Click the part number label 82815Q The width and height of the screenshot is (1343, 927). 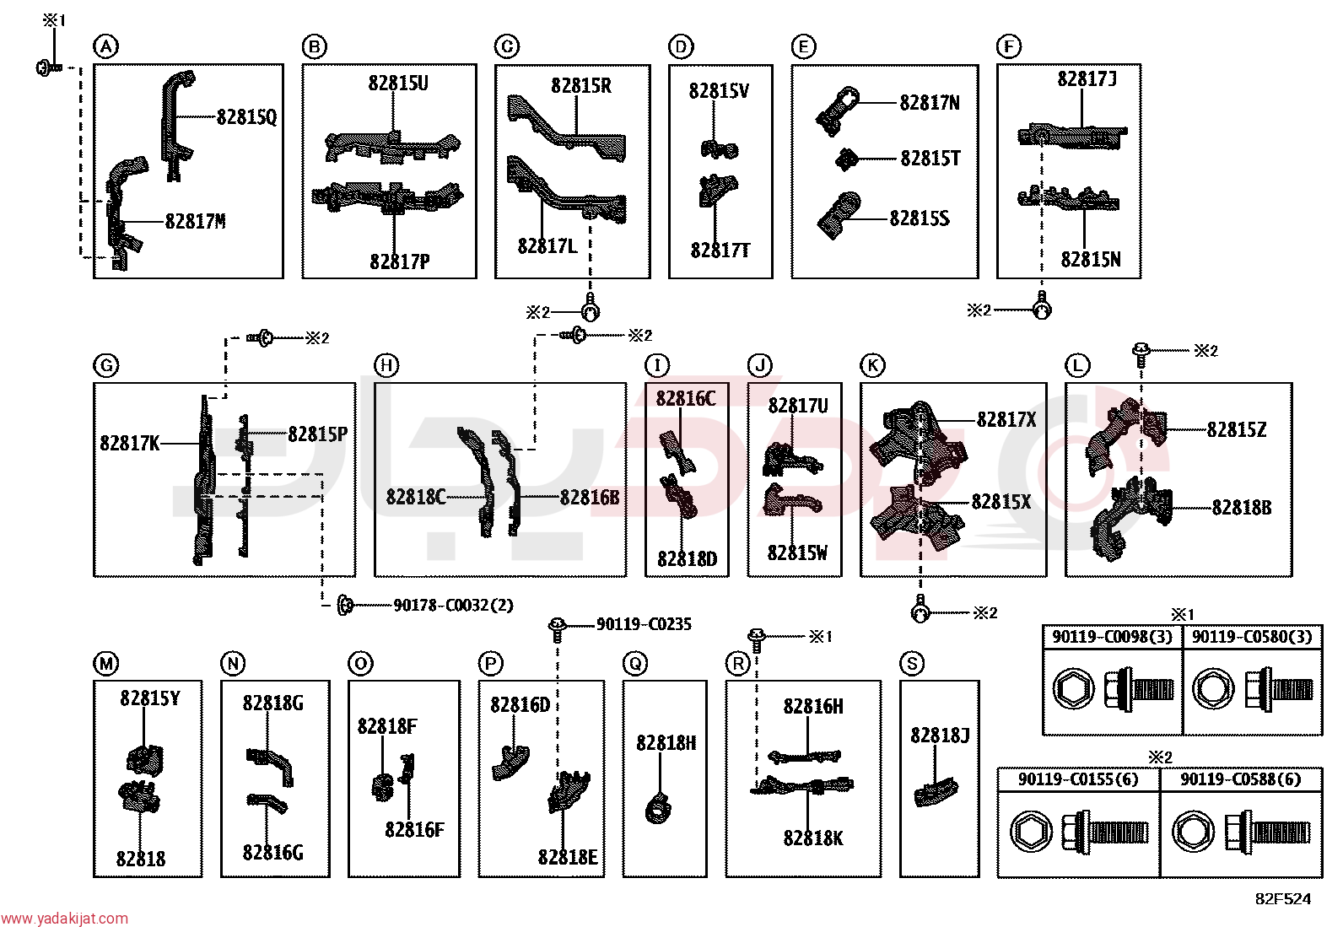coord(247,117)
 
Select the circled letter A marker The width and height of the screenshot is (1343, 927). coord(106,46)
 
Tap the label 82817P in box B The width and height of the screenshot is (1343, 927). coord(399,261)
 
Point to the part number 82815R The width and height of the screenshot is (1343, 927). coord(581,86)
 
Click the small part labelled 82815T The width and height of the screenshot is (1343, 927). coord(847,159)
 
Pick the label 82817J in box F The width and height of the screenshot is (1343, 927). coord(1087,78)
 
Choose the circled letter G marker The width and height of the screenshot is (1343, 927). coord(106,364)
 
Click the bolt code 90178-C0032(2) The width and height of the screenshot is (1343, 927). coord(453,605)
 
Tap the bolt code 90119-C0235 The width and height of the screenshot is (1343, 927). coord(644,624)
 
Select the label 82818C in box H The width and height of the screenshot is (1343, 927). coord(416,497)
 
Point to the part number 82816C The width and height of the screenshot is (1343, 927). coord(686,398)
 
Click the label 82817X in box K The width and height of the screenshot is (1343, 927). coord(1006,419)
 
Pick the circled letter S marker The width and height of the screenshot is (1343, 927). coord(912,663)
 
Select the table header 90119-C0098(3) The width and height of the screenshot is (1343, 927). coord(1112,636)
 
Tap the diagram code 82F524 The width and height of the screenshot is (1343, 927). coord(1283,899)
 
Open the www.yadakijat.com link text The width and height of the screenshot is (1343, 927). coord(64,918)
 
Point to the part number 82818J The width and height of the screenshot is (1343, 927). coord(940,735)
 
